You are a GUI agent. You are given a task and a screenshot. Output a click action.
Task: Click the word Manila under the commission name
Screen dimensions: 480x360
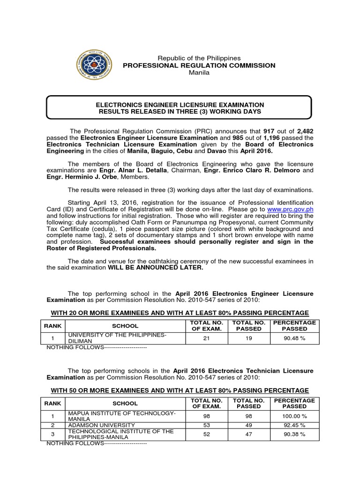pyautogui.click(x=199, y=73)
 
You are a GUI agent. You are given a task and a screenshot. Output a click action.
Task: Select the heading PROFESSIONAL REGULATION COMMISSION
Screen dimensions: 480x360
pyautogui.click(x=199, y=65)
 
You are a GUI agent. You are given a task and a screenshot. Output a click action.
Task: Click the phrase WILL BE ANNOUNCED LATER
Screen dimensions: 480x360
pyautogui.click(x=156, y=268)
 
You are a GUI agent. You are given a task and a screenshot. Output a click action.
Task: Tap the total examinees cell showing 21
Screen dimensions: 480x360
pyautogui.click(x=206, y=338)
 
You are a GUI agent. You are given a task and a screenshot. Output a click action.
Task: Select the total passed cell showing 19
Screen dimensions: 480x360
pyautogui.click(x=249, y=338)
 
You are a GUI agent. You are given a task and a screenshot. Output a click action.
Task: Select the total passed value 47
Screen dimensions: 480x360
pyautogui.click(x=249, y=434)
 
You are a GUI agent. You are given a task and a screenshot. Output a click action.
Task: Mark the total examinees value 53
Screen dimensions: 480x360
pyautogui.click(x=206, y=425)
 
